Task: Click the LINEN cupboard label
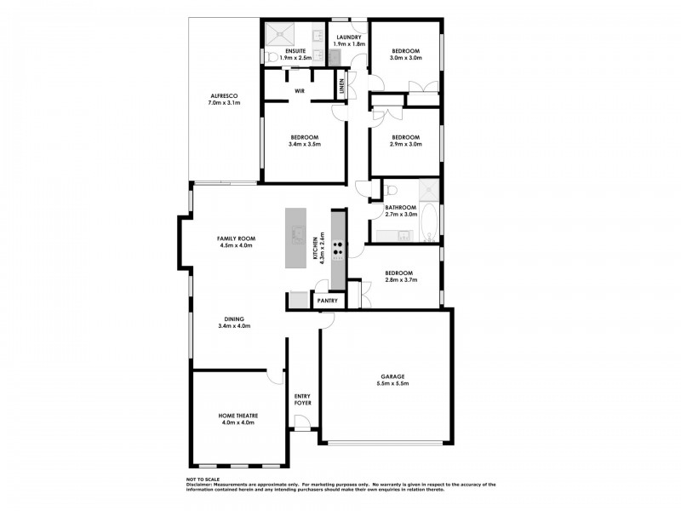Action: (x=341, y=85)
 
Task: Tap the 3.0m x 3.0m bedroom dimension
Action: (x=405, y=59)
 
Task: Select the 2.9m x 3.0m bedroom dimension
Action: (x=405, y=146)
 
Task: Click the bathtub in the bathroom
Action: (x=430, y=223)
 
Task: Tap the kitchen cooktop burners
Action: (x=339, y=250)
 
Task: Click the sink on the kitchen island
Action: (x=299, y=233)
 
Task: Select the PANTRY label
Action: (x=328, y=301)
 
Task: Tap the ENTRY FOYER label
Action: (x=302, y=399)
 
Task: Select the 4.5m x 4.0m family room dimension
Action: (x=236, y=245)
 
